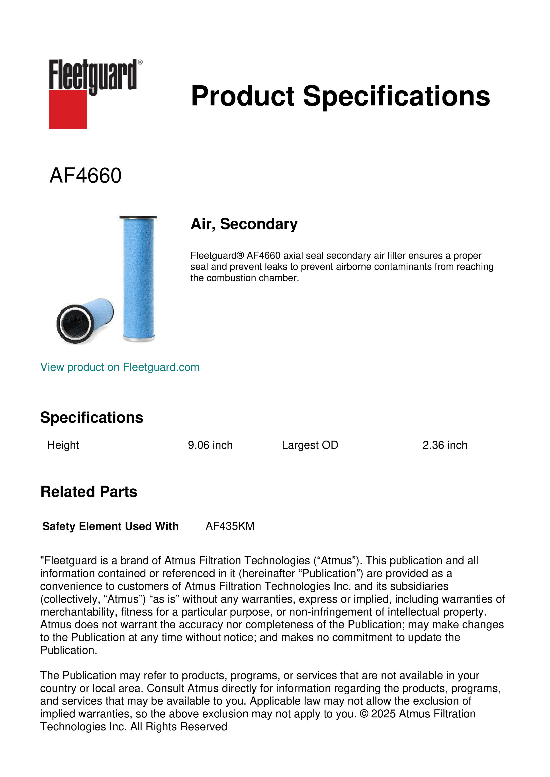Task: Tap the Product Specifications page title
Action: pyautogui.click(x=340, y=96)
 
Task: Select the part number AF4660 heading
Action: pyautogui.click(x=85, y=176)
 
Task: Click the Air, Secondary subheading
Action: pyautogui.click(x=244, y=224)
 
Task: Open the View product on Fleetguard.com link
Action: pyautogui.click(x=119, y=367)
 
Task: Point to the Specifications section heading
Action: pyautogui.click(x=91, y=418)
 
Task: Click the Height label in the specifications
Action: pyautogui.click(x=63, y=445)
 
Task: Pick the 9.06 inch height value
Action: pyautogui.click(x=210, y=445)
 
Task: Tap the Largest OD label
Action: pyautogui.click(x=309, y=445)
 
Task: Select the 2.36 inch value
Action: pyautogui.click(x=445, y=445)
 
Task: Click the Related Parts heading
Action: pyautogui.click(x=89, y=492)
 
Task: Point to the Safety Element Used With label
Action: pyautogui.click(x=110, y=526)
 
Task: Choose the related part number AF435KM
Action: pyautogui.click(x=230, y=526)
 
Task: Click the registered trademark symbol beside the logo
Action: pyautogui.click(x=140, y=62)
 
